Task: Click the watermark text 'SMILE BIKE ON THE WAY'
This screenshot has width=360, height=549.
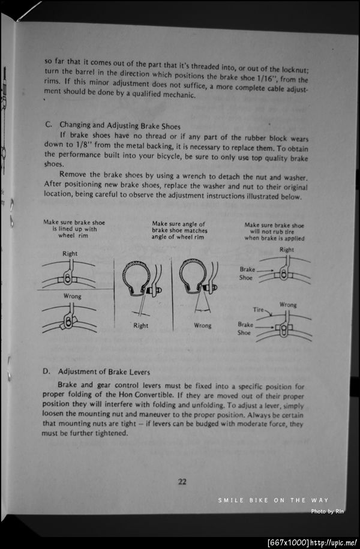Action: (x=273, y=500)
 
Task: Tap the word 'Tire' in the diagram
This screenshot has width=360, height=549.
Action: (x=258, y=310)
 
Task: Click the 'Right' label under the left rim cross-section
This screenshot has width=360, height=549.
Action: (x=140, y=326)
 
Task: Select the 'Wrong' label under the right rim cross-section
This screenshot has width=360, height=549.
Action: (x=203, y=326)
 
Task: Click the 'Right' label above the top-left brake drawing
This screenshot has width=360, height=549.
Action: (x=70, y=254)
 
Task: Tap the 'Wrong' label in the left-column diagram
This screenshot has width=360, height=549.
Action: (x=73, y=296)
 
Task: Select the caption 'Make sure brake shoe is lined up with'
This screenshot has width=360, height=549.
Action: (x=73, y=226)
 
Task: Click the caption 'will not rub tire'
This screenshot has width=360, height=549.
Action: (x=274, y=232)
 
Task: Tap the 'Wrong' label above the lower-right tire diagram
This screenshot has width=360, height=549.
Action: (x=288, y=304)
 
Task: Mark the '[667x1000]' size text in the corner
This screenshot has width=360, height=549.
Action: (x=288, y=542)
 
